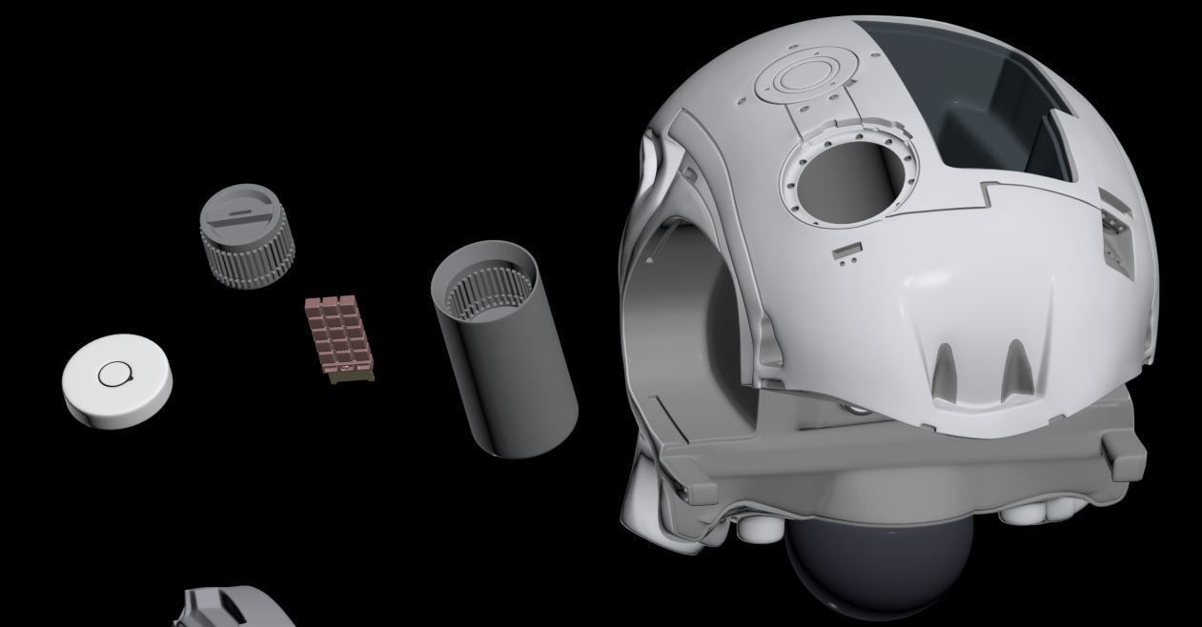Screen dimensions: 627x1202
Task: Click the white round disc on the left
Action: click(117, 380)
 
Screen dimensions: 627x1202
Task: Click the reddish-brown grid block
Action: click(337, 337)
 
